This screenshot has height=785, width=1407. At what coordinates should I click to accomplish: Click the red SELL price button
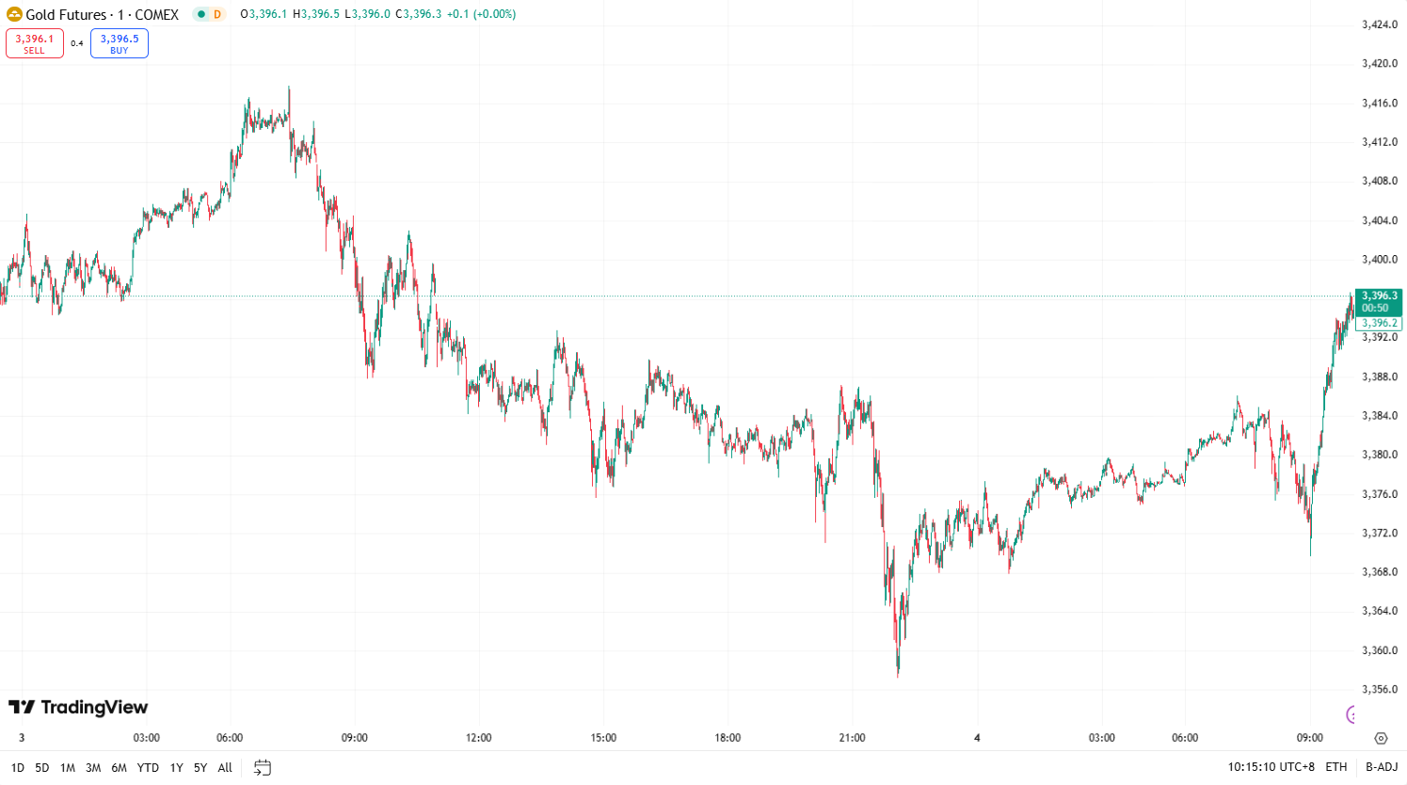pos(35,43)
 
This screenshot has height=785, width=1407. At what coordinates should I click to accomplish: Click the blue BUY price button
pos(120,43)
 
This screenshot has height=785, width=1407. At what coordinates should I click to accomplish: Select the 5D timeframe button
pos(42,768)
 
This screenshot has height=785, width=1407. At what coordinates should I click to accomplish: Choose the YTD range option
pos(148,768)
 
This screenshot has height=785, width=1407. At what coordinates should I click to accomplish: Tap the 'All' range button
pos(225,768)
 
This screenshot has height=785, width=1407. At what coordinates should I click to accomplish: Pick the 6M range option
pos(119,768)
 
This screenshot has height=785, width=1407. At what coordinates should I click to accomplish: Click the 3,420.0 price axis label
pos(1380,64)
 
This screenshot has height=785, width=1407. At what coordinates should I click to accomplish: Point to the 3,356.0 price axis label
pos(1380,689)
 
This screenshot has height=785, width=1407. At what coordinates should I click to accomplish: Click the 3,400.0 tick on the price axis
pos(1380,260)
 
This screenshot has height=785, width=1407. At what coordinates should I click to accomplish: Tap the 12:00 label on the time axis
pos(478,738)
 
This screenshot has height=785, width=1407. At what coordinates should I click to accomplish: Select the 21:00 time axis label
pos(852,738)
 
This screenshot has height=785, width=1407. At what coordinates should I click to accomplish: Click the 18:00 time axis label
pos(727,738)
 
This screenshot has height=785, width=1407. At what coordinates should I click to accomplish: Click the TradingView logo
pos(78,707)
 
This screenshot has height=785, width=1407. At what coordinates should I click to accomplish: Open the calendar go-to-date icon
pos(263,768)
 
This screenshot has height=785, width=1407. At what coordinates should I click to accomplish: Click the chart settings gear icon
pos(1381,739)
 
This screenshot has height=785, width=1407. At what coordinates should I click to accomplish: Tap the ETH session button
pos(1336,767)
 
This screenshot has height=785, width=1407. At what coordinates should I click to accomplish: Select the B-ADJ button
pos(1382,767)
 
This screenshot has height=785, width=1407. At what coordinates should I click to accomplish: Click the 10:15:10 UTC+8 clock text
pos(1271,767)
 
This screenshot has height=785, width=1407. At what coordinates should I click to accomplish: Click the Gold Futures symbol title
pos(102,14)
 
